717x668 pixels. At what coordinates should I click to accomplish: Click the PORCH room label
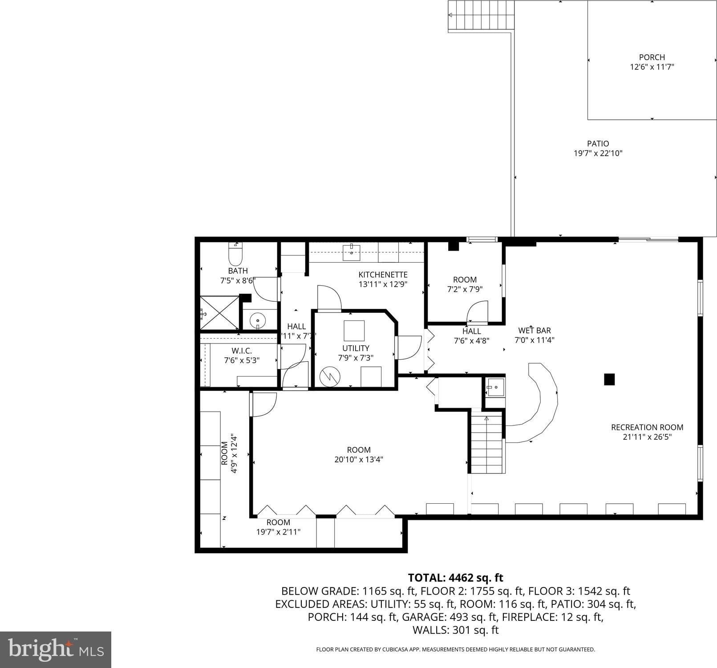click(652, 57)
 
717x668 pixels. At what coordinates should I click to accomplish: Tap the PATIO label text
click(598, 144)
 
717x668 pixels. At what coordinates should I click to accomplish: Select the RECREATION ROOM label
click(647, 427)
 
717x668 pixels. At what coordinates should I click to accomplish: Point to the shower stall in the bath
click(219, 313)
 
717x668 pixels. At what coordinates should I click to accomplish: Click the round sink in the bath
click(257, 320)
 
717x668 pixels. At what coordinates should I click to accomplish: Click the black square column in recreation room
click(609, 379)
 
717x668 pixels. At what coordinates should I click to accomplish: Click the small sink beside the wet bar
click(495, 387)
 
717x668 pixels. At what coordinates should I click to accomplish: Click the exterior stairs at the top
click(481, 16)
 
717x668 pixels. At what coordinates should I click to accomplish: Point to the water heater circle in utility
click(330, 377)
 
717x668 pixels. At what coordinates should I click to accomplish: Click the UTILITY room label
click(356, 348)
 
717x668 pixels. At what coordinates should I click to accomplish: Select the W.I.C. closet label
click(242, 351)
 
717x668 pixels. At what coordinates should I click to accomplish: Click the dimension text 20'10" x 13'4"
click(359, 459)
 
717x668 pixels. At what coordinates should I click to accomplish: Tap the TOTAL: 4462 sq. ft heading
click(456, 578)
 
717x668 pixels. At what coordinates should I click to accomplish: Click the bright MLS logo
click(56, 650)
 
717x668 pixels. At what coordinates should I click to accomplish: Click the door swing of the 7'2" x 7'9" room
click(478, 312)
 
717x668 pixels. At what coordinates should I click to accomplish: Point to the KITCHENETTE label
click(383, 275)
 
